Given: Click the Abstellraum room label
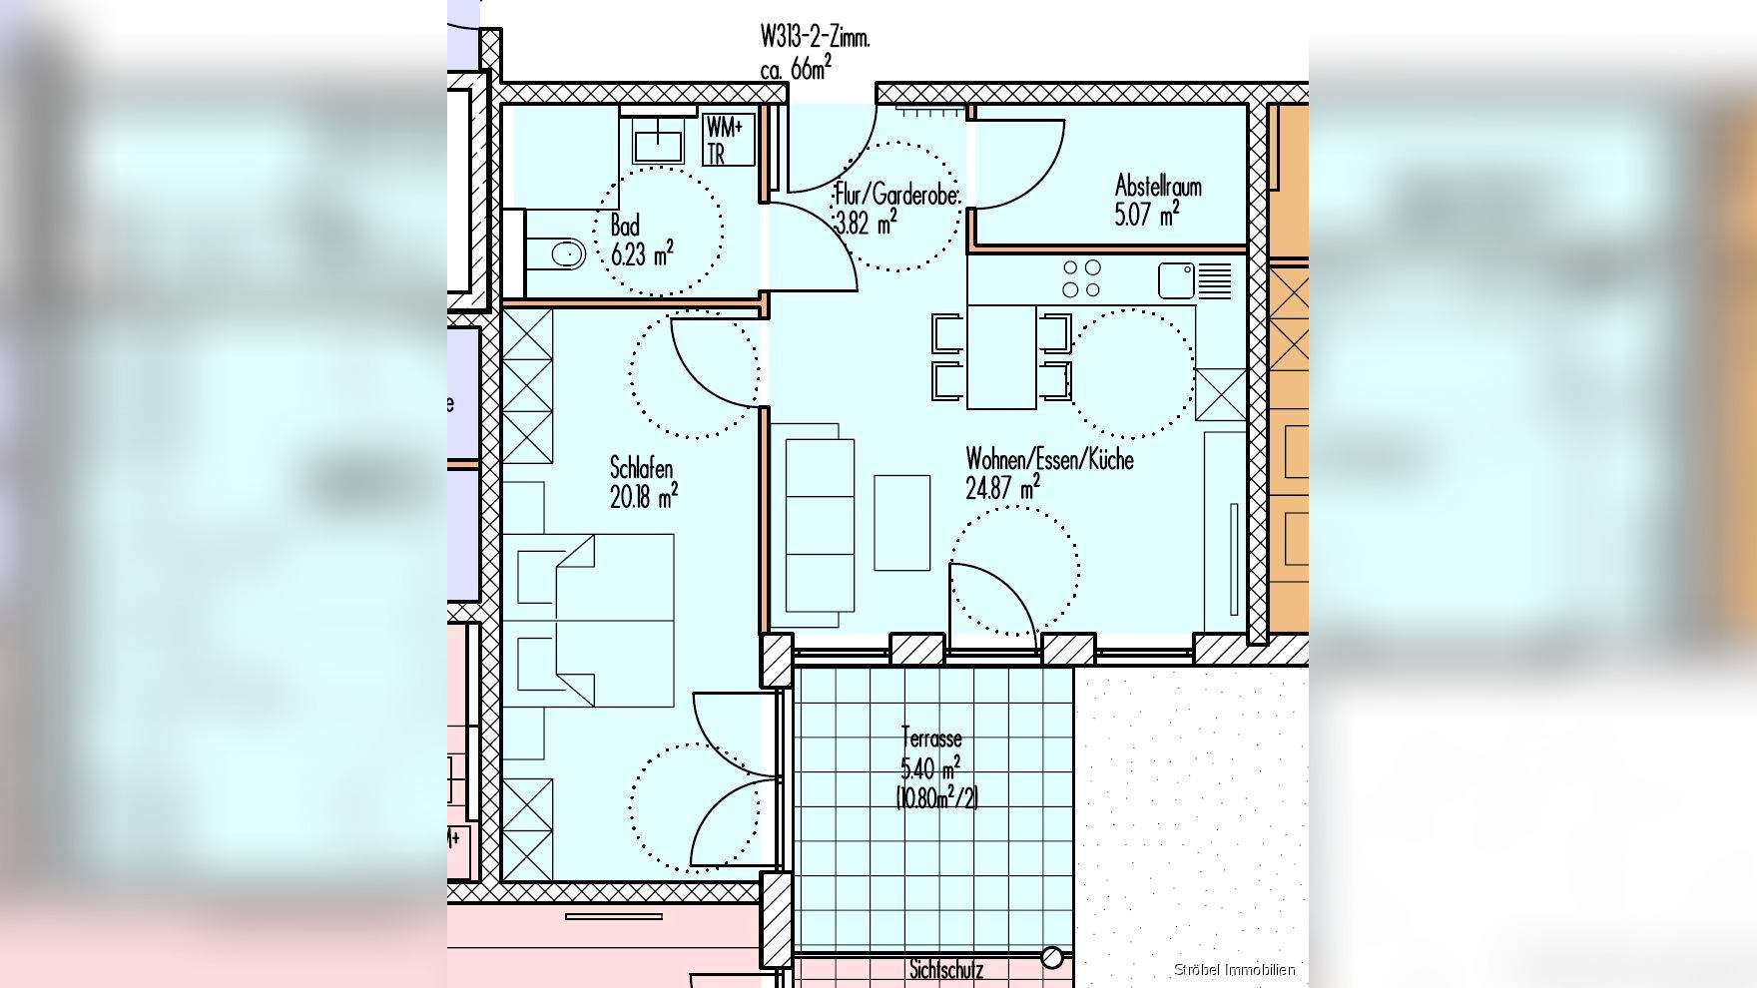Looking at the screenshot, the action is point(1158,186).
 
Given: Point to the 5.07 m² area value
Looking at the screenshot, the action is point(1147,214).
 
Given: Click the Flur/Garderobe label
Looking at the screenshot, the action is point(897,194).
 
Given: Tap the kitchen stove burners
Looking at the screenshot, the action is point(1082,278).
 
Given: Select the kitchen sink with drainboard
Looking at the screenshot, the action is point(1195,280).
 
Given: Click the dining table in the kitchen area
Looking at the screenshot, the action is point(1001,357).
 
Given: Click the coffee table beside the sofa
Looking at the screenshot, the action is point(902,523).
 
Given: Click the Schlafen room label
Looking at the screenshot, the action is point(641,468).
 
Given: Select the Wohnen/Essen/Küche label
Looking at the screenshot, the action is point(1049,460).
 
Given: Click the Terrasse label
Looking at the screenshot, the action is point(931,739).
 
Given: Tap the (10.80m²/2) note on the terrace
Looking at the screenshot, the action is point(936,797).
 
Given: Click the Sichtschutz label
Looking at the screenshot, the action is point(946,970).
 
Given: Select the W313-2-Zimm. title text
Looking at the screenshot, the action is point(816,38).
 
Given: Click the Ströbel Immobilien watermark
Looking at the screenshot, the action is point(1234,969).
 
